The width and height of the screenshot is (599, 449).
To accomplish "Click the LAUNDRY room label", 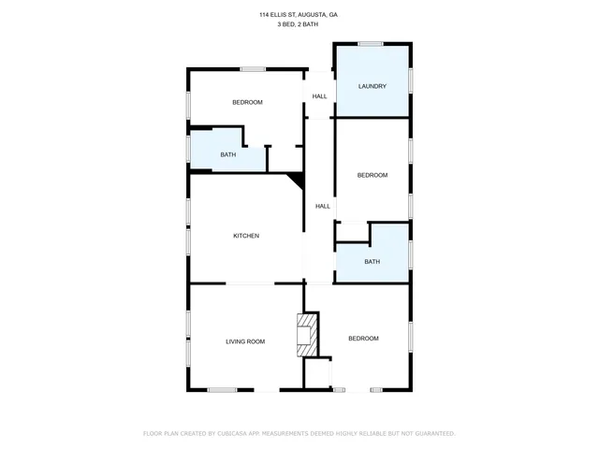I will [x=373, y=86].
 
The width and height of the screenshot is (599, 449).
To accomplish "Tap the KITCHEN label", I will [x=246, y=236].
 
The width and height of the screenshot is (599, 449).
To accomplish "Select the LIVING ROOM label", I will [x=245, y=341].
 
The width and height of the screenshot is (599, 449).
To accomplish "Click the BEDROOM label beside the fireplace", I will [x=363, y=338].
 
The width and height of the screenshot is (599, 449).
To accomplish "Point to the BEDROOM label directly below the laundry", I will [x=372, y=175].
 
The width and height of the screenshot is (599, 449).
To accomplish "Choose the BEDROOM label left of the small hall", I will [x=247, y=102].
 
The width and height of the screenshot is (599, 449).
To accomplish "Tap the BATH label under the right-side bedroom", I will [x=372, y=262].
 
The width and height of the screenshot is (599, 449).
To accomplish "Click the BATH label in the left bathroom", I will [x=227, y=154].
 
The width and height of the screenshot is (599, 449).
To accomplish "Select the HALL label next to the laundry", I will [x=319, y=96].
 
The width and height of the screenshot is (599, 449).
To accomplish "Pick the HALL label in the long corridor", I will [x=322, y=206].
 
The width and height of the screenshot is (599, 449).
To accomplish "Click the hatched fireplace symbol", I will [x=307, y=334].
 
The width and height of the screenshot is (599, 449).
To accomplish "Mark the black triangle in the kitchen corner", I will [x=297, y=179].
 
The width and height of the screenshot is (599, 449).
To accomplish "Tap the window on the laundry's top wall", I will [x=370, y=43].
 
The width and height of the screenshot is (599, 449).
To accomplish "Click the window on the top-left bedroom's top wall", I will [x=253, y=68].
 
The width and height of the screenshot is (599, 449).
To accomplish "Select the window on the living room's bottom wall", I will [x=222, y=389].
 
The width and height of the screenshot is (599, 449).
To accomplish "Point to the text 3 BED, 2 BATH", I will [x=299, y=24].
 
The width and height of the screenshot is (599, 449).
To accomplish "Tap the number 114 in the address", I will [x=264, y=15].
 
